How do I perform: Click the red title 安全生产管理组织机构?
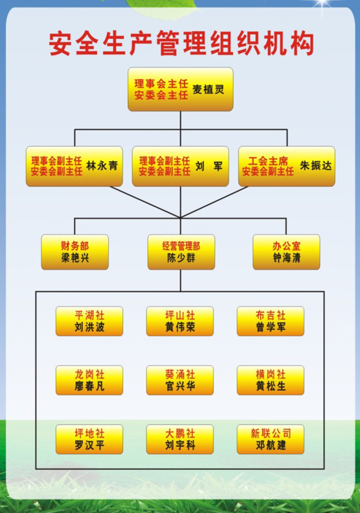pos(181,44)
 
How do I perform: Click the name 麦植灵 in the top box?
pos(208,89)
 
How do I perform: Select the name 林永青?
pos(102,166)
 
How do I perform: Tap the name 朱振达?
pos(316,166)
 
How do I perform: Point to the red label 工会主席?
pos(268,161)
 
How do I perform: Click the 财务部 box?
pos(75,252)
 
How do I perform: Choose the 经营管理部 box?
pos(181,252)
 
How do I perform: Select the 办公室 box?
pos(286,252)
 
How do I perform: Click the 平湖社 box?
pos(89,321)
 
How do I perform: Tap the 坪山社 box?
pos(180,321)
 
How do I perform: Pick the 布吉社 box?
pos(270,321)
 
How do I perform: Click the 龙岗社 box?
pos(89,380)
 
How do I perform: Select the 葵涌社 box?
pos(180,380)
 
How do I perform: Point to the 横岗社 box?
pos(270,380)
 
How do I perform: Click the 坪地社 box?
pos(89,439)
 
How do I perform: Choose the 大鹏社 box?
pos(180,439)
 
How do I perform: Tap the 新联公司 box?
pos(270,439)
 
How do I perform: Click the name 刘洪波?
pos(89,327)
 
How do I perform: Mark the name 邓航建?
pos(271,445)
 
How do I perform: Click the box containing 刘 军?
pos(180,166)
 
